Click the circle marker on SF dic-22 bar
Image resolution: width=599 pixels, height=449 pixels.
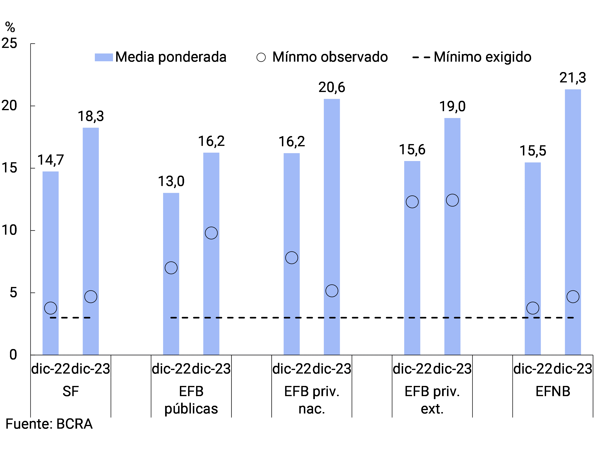click(51, 308)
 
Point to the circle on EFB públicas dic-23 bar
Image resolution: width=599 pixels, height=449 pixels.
click(211, 233)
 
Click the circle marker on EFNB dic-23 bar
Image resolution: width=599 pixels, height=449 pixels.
click(573, 297)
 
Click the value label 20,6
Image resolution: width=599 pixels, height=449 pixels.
click(332, 87)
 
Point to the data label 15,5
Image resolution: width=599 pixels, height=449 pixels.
click(533, 151)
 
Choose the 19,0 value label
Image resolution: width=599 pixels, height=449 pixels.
click(452, 106)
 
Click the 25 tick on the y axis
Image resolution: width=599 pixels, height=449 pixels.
click(9, 43)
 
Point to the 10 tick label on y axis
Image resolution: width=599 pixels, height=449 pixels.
click(9, 230)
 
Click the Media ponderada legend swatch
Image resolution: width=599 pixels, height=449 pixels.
click(104, 57)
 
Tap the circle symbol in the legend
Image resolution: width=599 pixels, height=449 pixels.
click(261, 57)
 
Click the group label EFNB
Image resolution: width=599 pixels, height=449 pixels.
click(553, 391)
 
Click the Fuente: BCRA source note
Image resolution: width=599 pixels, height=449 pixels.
click(49, 424)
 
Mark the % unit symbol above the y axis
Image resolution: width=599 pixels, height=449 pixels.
click(10, 27)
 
